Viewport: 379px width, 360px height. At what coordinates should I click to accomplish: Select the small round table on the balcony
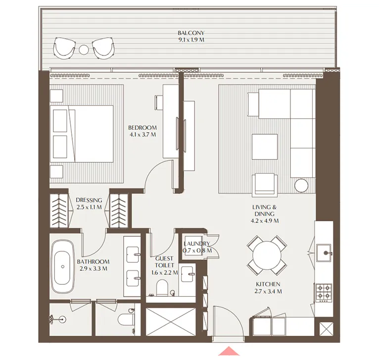84,49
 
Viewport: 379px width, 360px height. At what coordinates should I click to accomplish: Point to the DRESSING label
89,201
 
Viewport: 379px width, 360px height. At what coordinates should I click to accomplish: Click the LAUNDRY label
197,244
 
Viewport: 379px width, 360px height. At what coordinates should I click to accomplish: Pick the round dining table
267,256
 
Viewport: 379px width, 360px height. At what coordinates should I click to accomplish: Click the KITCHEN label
268,284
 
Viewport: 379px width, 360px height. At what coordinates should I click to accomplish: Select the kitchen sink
326,252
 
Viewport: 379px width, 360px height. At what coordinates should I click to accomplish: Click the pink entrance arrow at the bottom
229,351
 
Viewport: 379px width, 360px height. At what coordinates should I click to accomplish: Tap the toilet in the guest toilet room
161,287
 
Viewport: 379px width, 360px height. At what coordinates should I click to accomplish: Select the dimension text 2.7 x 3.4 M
268,291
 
